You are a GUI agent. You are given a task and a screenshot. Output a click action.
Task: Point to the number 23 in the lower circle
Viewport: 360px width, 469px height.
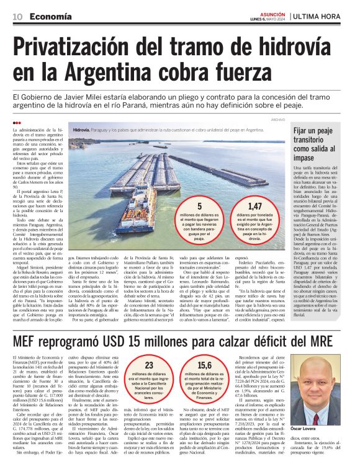149,367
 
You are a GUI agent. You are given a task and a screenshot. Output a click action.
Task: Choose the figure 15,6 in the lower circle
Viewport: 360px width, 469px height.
204,367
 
